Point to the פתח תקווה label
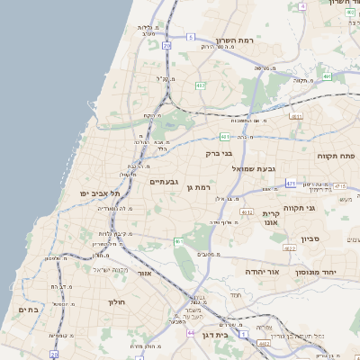[337, 156]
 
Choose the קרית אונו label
[272, 219]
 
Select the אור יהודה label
[262, 271]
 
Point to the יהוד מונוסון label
[316, 271]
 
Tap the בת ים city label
[29, 310]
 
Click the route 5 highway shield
[191, 37]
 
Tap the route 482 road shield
[264, 343]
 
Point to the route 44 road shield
[191, 332]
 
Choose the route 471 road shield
[291, 184]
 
